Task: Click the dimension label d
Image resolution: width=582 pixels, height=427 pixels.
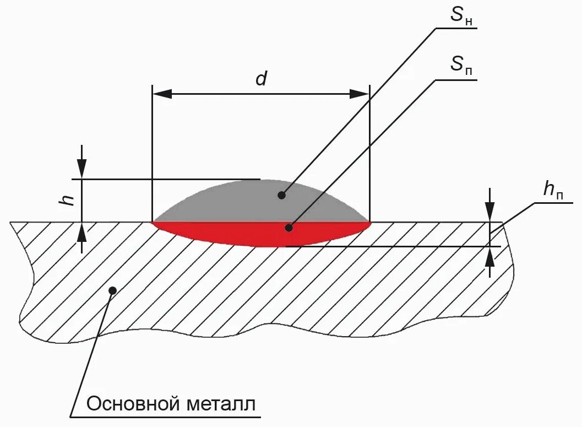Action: (261, 79)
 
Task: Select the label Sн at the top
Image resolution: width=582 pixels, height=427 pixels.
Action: (461, 17)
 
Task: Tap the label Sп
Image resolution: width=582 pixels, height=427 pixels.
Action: (461, 66)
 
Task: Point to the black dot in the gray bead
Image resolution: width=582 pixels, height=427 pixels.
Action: (281, 194)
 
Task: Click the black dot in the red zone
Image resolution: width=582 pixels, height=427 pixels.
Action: (288, 227)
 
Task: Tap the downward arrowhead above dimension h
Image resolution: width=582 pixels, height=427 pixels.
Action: (82, 169)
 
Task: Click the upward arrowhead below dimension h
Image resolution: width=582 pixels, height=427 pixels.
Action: (82, 233)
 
